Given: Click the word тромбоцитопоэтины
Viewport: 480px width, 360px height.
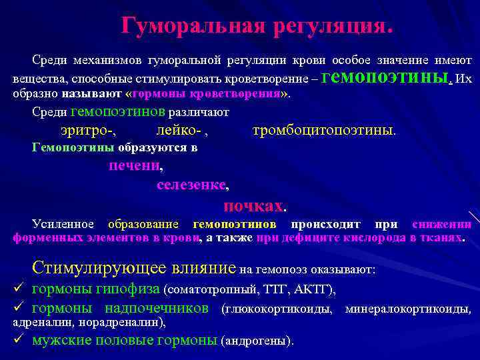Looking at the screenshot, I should point(323,131).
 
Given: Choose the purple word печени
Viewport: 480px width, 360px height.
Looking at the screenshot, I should point(135,165).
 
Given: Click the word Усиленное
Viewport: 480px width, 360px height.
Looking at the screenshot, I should point(63,224).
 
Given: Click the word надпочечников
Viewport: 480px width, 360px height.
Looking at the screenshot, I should point(157,309).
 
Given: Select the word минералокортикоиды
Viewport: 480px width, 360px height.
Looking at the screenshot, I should point(407,309).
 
